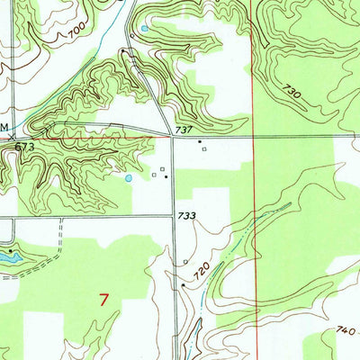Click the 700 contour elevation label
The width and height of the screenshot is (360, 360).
[78, 34]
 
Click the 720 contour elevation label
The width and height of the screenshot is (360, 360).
[203, 269]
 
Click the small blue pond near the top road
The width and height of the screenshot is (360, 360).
[144, 30]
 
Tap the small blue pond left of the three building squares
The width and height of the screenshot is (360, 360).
[129, 178]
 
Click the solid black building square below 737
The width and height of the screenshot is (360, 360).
[200, 141]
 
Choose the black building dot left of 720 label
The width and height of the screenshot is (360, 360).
[183, 285]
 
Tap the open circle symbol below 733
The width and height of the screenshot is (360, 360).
[185, 262]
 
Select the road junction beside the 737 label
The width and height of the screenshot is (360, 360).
[172, 138]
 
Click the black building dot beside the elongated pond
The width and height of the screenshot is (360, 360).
[11, 243]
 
